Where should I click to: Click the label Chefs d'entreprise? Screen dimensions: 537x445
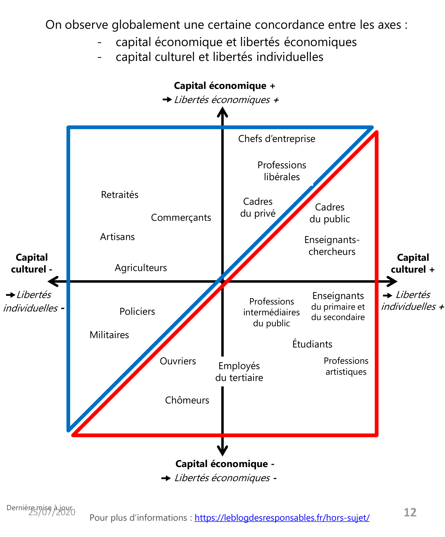pos(276,139)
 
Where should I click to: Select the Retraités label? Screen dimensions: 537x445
pos(120,195)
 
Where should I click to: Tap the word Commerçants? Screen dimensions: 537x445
pos(181,218)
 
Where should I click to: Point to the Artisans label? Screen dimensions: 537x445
pos(117,237)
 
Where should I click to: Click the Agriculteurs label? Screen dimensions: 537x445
pos(141,268)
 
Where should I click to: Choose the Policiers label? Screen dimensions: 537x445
pos(137,311)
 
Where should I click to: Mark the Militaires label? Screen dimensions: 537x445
pos(109,335)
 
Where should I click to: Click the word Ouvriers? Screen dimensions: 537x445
pos(178,361)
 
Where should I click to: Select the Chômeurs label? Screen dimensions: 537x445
pos(187,400)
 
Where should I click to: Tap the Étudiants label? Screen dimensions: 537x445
pos(312,344)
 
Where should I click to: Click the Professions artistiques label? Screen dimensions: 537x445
pos(346,366)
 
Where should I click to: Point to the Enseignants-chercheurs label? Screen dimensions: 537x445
pos(332,246)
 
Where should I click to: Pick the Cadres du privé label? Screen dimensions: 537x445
pos(258,207)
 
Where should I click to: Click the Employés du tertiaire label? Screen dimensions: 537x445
pos(239,372)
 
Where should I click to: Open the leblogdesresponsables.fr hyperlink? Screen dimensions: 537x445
pos(282,518)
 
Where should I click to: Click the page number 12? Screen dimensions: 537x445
pos(410,512)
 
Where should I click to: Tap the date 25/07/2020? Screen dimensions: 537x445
pos(52,512)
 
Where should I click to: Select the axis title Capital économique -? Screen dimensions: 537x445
pos(225,464)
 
